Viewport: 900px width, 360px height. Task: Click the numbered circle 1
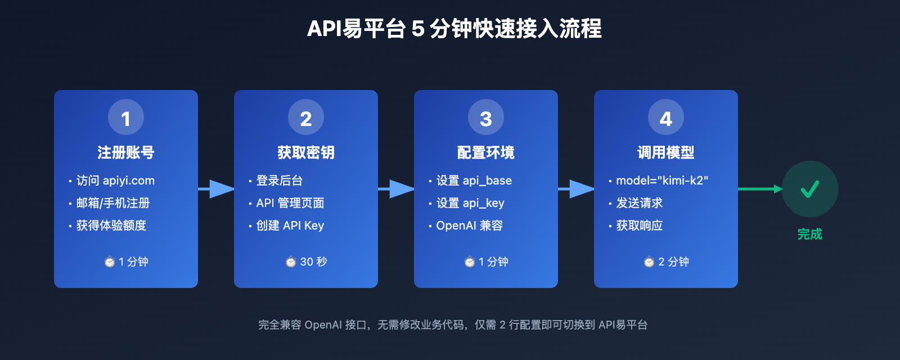click(x=126, y=118)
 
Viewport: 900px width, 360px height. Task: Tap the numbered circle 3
click(x=486, y=118)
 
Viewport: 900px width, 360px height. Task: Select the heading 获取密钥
click(x=306, y=152)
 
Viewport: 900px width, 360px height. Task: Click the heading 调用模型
click(x=666, y=152)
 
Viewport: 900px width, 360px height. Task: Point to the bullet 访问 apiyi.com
click(x=115, y=181)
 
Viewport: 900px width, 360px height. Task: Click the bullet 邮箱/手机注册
click(x=113, y=203)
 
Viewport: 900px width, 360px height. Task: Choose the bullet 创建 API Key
click(x=290, y=226)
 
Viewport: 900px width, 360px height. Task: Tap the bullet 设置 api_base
click(x=474, y=181)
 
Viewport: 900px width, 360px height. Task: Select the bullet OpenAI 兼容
click(x=469, y=226)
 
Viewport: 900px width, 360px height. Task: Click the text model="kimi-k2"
click(x=662, y=181)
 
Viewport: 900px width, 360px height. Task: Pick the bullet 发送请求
click(x=640, y=203)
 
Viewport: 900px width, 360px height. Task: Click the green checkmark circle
click(x=810, y=189)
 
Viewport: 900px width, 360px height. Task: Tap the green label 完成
click(x=810, y=235)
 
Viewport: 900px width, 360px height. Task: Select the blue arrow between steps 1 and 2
click(x=217, y=189)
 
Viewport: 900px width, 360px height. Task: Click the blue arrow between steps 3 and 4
click(x=577, y=189)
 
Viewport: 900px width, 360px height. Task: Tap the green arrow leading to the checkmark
click(x=759, y=189)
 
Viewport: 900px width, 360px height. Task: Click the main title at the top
click(x=454, y=29)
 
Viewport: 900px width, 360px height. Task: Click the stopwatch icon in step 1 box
click(x=110, y=262)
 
